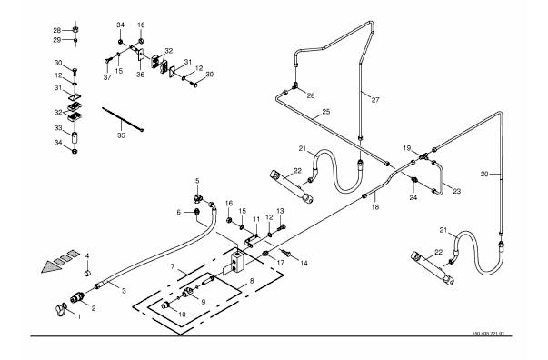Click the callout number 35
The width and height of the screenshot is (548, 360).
click(x=121, y=135)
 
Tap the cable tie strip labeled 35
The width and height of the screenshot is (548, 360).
click(x=123, y=119)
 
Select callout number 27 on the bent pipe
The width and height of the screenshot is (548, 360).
click(x=375, y=100)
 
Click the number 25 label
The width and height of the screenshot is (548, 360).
click(x=326, y=112)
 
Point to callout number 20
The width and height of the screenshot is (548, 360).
click(x=484, y=174)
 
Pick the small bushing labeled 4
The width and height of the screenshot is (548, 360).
click(x=88, y=272)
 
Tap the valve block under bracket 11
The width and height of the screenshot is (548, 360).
click(x=237, y=262)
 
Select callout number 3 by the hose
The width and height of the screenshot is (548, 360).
click(x=124, y=291)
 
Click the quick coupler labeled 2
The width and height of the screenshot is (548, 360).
click(x=76, y=298)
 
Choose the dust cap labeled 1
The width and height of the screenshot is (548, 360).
click(x=60, y=310)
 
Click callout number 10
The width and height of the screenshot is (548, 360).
click(x=182, y=315)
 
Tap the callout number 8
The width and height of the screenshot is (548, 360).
click(x=252, y=281)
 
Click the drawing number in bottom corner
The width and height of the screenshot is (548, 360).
click(x=488, y=334)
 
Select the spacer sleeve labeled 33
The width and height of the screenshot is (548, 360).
click(x=75, y=137)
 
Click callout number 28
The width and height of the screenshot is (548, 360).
click(x=57, y=30)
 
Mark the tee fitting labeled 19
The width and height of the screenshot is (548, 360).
click(x=423, y=155)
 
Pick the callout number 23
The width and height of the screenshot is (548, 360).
click(x=457, y=191)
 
